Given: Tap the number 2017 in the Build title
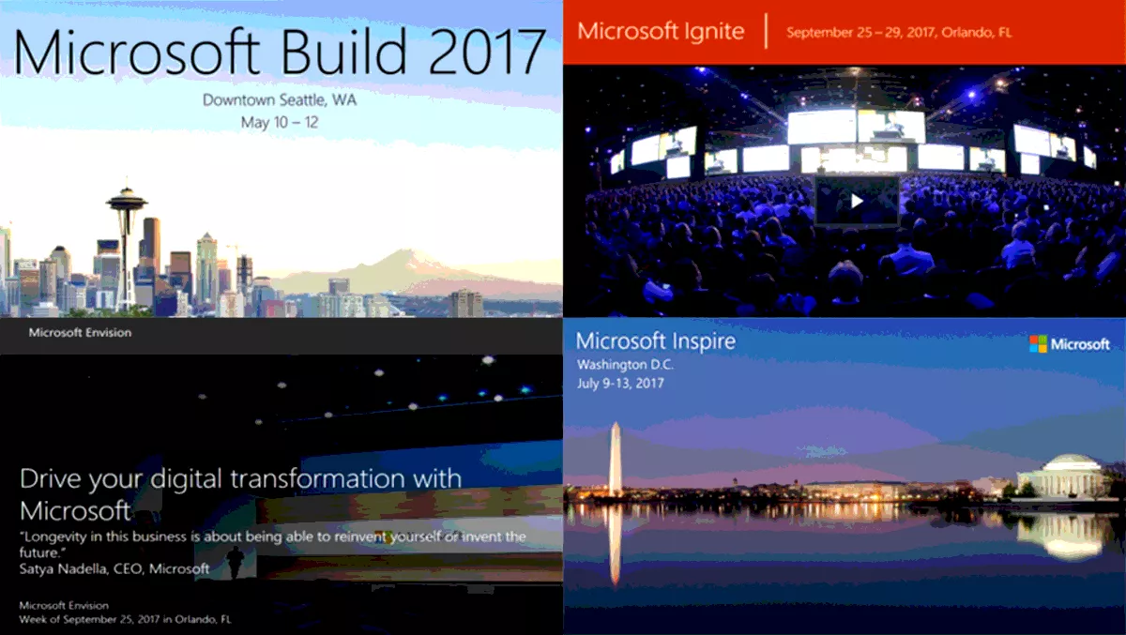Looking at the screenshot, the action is [487, 53].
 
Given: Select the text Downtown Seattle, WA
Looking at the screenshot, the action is [280, 100].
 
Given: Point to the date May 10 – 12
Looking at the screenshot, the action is [280, 123].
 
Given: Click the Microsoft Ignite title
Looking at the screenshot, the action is [661, 32].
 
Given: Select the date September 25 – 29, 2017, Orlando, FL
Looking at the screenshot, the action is [899, 33].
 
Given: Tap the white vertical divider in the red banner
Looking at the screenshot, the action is [766, 31].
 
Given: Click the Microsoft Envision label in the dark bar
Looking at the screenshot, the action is [80, 333].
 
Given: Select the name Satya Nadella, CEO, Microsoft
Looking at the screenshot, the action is [114, 568].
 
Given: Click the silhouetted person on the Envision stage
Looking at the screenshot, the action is [235, 563].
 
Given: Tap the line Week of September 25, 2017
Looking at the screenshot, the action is [125, 619].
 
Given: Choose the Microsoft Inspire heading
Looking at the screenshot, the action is [656, 341].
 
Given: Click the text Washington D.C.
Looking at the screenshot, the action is [625, 365].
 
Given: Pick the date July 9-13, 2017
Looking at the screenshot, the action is [620, 384].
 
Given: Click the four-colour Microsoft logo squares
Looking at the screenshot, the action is [1038, 344].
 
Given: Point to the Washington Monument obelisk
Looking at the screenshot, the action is [616, 460].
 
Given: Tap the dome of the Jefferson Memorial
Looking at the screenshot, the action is [1071, 463].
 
